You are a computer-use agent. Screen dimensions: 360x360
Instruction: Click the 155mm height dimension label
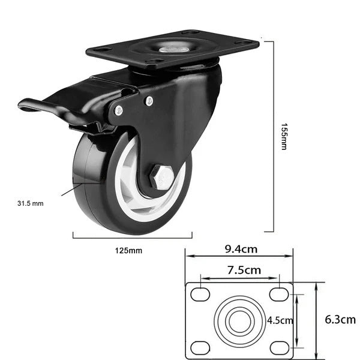pos(284,137)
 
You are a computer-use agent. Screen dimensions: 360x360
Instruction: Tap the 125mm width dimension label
pos(128,250)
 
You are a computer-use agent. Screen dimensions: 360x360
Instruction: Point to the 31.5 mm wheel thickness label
pos(31,203)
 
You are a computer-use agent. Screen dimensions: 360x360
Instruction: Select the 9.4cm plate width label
pos(241,250)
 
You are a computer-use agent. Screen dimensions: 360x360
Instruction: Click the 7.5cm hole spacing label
pos(244,270)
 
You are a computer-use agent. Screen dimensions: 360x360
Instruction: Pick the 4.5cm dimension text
pos(280,320)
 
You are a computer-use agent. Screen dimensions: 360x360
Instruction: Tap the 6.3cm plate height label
pos(340,320)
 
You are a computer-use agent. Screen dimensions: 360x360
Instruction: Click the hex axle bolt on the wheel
pos(161,177)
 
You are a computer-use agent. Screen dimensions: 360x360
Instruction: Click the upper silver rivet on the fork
pos(149,101)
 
